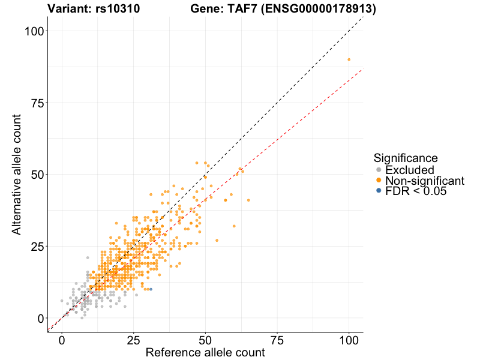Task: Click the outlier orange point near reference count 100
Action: pos(349,59)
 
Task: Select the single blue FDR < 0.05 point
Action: pos(151,289)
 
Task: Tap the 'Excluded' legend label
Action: pos(409,170)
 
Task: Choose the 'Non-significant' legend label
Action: pos(424,181)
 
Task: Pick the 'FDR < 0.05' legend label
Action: pos(416,191)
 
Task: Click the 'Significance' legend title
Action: pos(405,158)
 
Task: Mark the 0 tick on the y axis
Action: pos(40,318)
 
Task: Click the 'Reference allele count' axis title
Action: pos(205,352)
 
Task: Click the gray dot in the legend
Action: pos(378,170)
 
